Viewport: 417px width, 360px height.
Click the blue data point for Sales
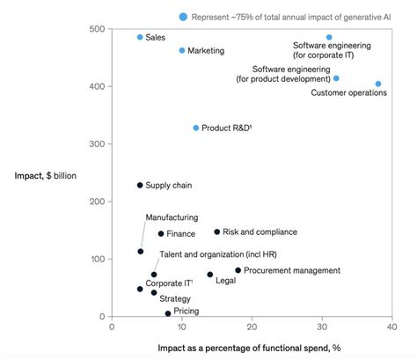[x=140, y=37]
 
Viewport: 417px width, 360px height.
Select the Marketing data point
[x=182, y=50]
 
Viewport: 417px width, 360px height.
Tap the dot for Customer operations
[x=378, y=84]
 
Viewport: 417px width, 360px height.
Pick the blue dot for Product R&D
[x=196, y=128]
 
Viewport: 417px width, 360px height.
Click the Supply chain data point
[x=140, y=185]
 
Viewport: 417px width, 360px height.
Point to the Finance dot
[x=161, y=233]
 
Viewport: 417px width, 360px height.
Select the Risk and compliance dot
[x=217, y=232]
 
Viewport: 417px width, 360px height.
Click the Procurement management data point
[x=238, y=270]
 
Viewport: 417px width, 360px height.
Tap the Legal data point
[x=209, y=275]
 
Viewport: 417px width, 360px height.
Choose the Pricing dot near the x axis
[x=168, y=313]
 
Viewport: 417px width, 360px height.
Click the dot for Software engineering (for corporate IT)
[x=329, y=38]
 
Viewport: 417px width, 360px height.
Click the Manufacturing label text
[x=172, y=217]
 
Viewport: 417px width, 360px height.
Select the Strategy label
[x=174, y=298]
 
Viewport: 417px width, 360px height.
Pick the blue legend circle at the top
[x=183, y=17]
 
